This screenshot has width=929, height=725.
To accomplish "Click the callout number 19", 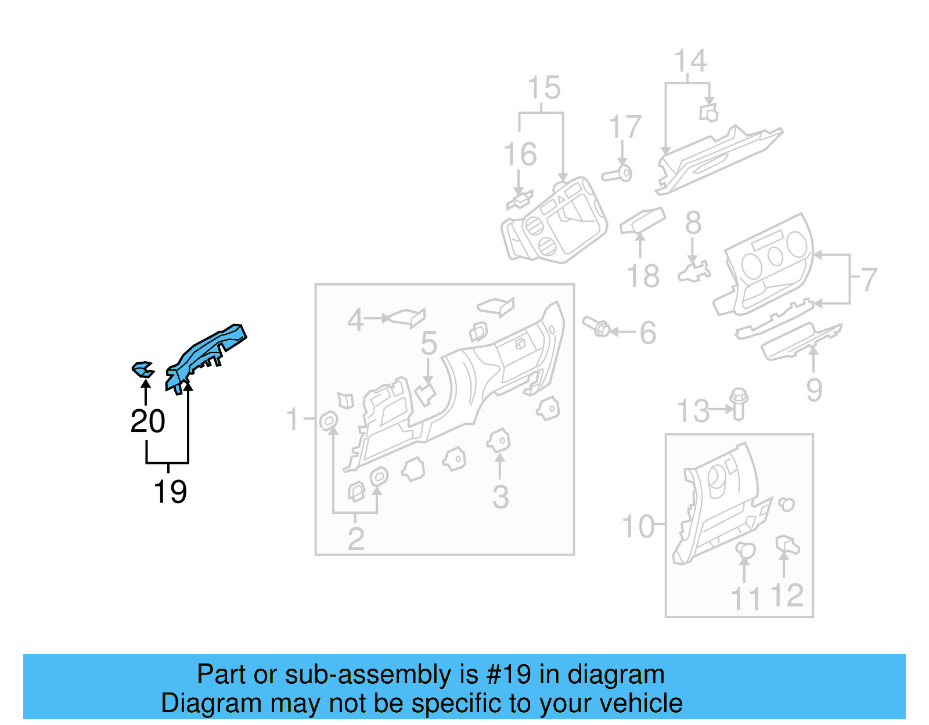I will pyautogui.click(x=170, y=492).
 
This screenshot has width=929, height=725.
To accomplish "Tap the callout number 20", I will pyautogui.click(x=148, y=421).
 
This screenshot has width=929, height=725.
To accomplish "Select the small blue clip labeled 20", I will pyautogui.click(x=143, y=369).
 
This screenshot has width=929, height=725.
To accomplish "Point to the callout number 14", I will pyautogui.click(x=690, y=61).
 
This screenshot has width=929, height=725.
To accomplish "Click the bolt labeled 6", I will pyautogui.click(x=596, y=326).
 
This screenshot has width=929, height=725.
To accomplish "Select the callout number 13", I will pyautogui.click(x=693, y=411).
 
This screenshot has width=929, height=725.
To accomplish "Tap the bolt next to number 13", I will pyautogui.click(x=739, y=403).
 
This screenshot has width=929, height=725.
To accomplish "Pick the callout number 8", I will pyautogui.click(x=693, y=223).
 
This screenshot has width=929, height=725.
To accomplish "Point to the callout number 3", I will pyautogui.click(x=500, y=497).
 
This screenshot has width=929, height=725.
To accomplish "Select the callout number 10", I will pyautogui.click(x=638, y=526).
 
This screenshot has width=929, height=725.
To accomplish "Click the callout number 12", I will pyautogui.click(x=787, y=596).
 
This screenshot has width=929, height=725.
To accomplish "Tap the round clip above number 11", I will pyautogui.click(x=745, y=549).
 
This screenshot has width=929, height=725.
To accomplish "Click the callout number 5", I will pyautogui.click(x=429, y=343).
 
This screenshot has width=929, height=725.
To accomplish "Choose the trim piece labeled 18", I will pyautogui.click(x=642, y=221).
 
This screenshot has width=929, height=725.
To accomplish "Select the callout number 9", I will pyautogui.click(x=814, y=389).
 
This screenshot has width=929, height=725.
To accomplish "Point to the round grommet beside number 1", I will pyautogui.click(x=329, y=420).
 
